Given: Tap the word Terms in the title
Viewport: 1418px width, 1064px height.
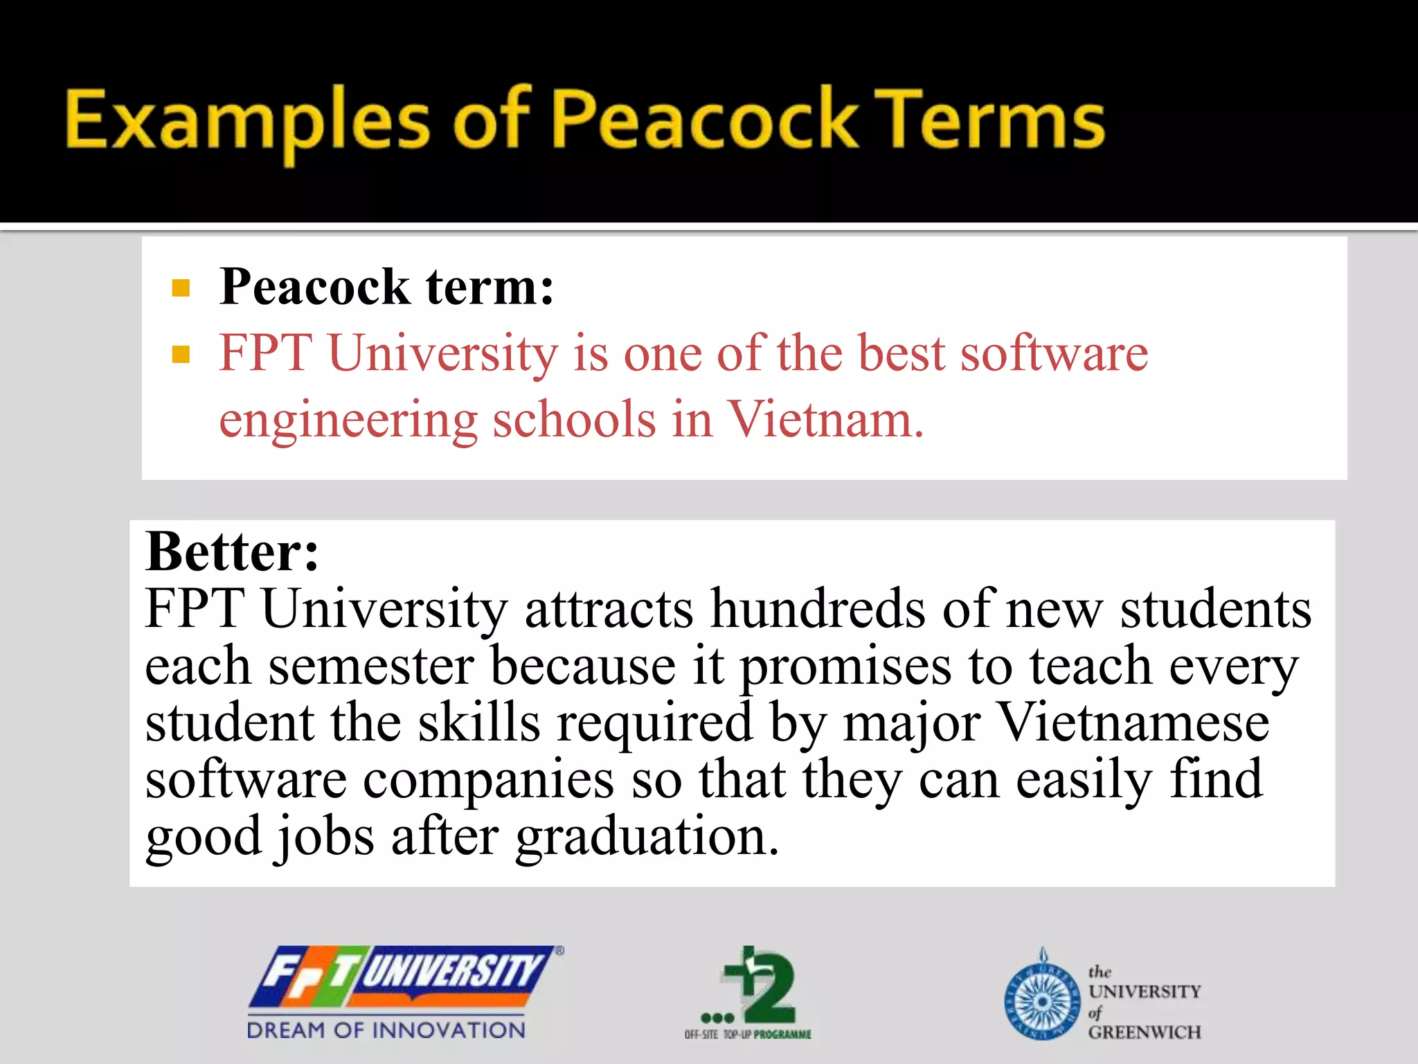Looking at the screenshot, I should tap(994, 121).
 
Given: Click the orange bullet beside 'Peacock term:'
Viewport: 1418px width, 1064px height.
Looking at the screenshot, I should tap(181, 288).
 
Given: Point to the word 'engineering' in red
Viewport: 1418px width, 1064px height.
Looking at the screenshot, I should tap(348, 420).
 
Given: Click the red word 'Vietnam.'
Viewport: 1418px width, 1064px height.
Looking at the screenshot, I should tap(825, 419).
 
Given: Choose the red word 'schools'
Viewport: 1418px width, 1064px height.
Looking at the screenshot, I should tap(574, 419).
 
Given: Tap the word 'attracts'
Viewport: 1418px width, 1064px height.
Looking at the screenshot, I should tap(609, 609).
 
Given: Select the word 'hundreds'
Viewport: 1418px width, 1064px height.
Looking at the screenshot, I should tap(818, 609).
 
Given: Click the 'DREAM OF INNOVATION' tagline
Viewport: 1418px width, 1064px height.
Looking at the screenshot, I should tap(386, 1030).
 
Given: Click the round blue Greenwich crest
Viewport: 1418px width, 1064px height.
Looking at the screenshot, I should tap(1042, 1002).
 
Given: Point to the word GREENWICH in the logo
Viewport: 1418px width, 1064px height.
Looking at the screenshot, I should tap(1145, 1032).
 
